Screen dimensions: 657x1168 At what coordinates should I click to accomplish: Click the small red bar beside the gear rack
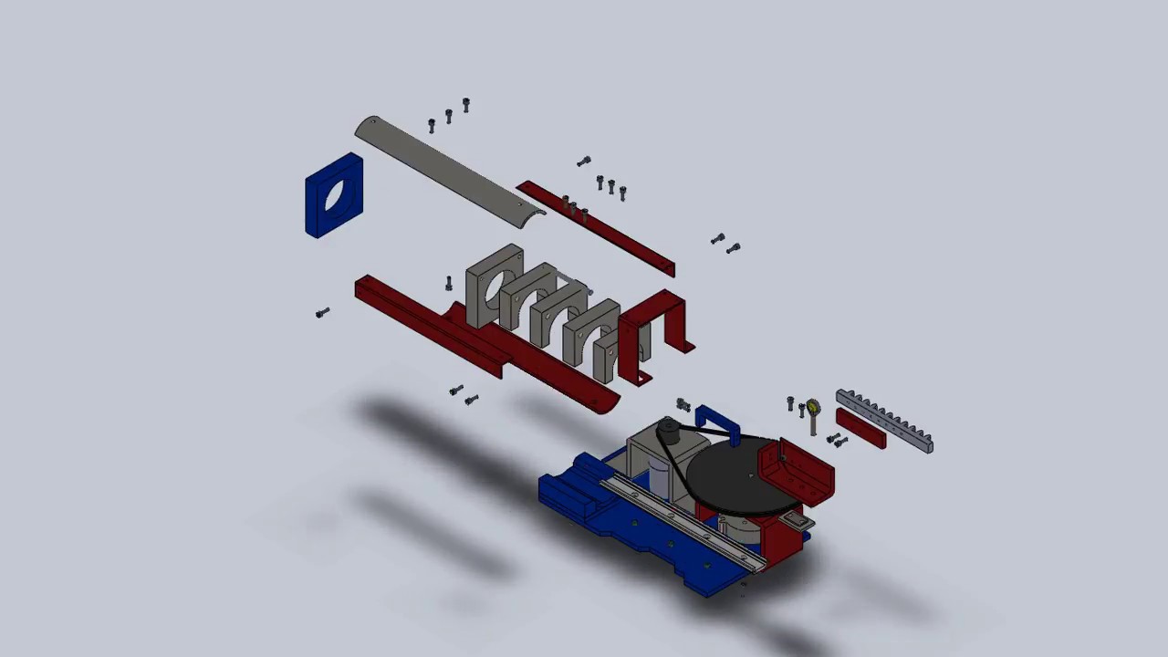pos(860,429)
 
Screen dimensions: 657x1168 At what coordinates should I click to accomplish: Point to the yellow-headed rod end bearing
pos(812,408)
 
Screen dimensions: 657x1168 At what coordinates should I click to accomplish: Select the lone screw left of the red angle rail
pos(322,313)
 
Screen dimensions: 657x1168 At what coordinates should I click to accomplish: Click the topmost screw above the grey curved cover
pos(466,105)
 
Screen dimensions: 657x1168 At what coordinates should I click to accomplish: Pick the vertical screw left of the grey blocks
pos(449,284)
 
